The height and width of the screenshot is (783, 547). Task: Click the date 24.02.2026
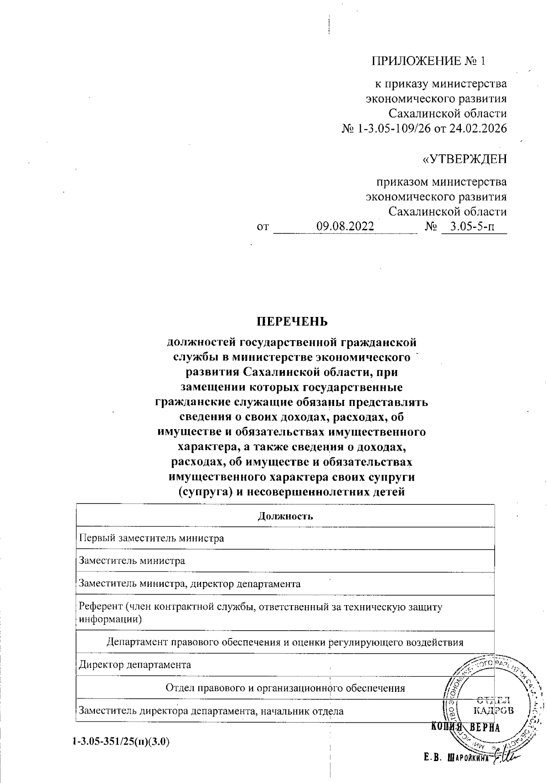click(x=478, y=129)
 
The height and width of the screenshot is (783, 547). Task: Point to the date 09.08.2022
click(x=346, y=226)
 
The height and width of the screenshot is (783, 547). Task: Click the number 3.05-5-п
click(x=474, y=226)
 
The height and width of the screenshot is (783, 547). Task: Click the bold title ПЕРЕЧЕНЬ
click(x=292, y=321)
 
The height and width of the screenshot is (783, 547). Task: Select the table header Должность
click(x=285, y=516)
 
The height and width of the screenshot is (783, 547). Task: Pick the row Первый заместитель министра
click(x=151, y=538)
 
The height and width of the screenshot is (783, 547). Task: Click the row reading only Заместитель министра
click(x=132, y=560)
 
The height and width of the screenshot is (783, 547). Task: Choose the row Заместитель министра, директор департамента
click(x=190, y=584)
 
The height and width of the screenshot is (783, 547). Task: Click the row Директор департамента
click(x=135, y=664)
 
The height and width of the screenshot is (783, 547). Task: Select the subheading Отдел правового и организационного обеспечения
click(x=285, y=688)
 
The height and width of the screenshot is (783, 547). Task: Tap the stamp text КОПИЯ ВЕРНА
click(x=465, y=727)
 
